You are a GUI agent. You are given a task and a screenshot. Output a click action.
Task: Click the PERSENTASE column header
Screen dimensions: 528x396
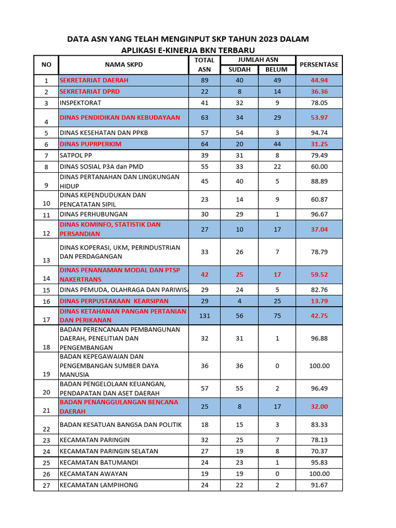coord(319,64)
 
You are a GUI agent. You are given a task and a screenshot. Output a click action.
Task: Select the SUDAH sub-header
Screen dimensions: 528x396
coord(239,70)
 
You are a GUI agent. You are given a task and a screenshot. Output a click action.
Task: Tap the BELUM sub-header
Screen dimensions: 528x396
coord(277,70)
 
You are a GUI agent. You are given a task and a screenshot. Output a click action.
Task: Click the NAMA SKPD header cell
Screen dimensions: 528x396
coord(124,64)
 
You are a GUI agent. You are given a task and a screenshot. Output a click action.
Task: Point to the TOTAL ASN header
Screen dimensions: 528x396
coord(204,64)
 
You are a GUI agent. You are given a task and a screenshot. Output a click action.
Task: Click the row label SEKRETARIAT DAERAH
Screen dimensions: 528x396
coord(94,80)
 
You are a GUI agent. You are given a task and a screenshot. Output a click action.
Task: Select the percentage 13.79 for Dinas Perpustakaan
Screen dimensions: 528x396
coord(319,301)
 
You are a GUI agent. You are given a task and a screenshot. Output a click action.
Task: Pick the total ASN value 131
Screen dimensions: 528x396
coord(204,316)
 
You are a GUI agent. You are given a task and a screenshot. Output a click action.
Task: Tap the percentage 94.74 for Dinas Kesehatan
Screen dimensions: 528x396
coord(319,133)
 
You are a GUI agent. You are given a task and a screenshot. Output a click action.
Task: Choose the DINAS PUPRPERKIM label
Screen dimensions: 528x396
coord(91,144)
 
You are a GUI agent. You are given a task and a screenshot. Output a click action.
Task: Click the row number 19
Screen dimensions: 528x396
coord(46,374)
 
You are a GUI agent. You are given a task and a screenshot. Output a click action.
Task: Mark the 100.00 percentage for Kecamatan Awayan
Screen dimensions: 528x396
coord(319,474)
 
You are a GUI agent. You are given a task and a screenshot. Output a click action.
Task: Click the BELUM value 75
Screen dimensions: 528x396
coord(277,316)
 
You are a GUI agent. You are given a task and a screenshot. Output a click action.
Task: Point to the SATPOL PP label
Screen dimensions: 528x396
coord(76,156)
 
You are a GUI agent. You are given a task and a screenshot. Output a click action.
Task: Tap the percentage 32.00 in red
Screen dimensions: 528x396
coord(319,406)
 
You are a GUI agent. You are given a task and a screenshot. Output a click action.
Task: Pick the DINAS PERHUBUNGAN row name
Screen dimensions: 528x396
coord(93,214)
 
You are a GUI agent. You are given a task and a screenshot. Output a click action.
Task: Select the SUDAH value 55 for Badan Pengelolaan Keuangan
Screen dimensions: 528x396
coord(239,388)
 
